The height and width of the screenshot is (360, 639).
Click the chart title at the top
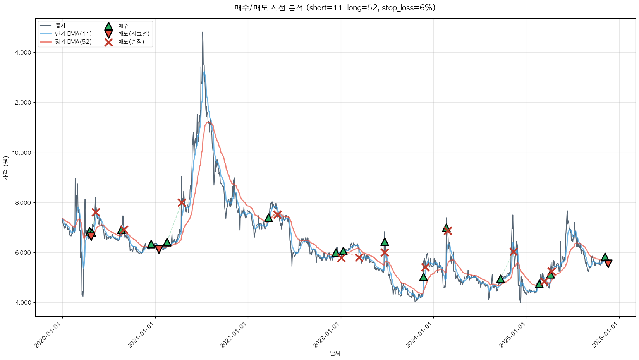pos(335,8)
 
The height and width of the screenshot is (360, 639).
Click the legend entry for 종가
pos(60,26)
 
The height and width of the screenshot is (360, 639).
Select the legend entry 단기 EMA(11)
pos(73,34)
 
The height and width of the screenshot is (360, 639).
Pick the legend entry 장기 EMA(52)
pos(73,42)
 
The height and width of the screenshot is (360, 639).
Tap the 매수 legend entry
pos(123,26)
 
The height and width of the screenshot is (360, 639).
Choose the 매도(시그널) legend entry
pos(134,34)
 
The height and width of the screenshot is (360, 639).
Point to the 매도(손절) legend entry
pos(131,42)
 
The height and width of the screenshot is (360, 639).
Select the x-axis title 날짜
pos(335,353)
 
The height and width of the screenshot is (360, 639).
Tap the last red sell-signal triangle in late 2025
pos(608,264)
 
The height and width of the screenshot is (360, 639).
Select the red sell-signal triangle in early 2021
pos(159,249)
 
